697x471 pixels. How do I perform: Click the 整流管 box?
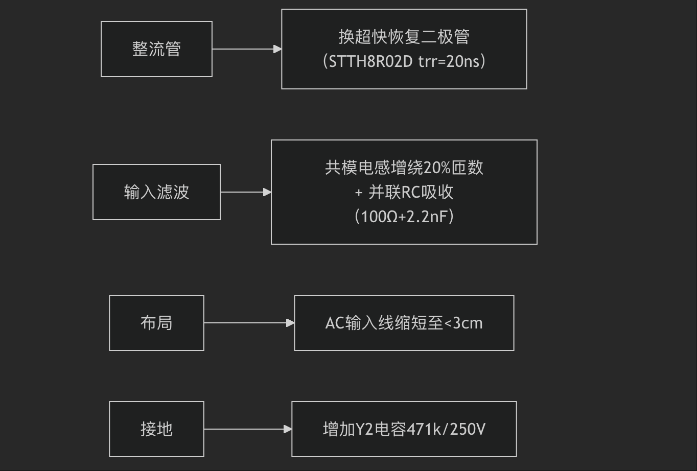pyautogui.click(x=156, y=49)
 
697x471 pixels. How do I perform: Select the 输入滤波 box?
pyautogui.click(x=156, y=192)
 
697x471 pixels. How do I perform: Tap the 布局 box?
pyautogui.click(x=156, y=323)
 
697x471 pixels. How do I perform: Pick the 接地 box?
pyautogui.click(x=156, y=429)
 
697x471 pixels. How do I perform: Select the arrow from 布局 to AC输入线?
pyautogui.click(x=249, y=323)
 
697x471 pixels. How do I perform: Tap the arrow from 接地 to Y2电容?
pyautogui.click(x=247, y=429)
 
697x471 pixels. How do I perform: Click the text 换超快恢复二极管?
pyautogui.click(x=404, y=37)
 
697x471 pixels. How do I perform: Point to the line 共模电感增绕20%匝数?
pyautogui.click(x=404, y=168)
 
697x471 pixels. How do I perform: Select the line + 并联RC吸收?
pyautogui.click(x=404, y=192)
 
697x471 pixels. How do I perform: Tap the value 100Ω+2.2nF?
pyautogui.click(x=404, y=217)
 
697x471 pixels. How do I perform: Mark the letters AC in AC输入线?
pyautogui.click(x=335, y=323)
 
